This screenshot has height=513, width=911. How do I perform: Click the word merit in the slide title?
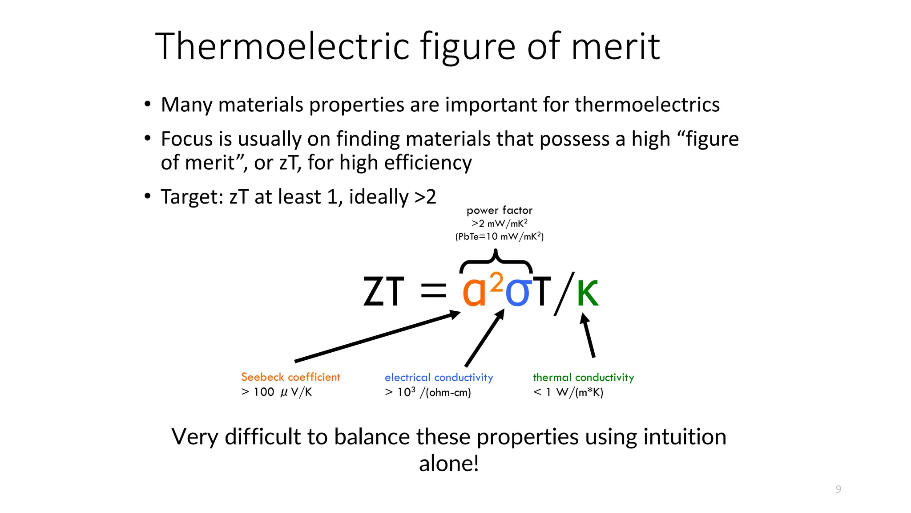(615, 47)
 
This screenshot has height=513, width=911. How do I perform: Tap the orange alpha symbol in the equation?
(474, 292)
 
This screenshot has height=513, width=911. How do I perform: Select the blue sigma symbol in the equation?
(518, 292)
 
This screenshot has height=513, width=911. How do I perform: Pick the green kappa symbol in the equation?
(588, 293)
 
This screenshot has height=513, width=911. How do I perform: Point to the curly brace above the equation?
(496, 263)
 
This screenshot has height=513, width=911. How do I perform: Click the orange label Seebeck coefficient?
(290, 377)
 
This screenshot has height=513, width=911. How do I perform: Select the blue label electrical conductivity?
(439, 378)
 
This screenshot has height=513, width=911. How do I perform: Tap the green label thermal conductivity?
(583, 378)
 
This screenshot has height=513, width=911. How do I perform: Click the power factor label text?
(499, 210)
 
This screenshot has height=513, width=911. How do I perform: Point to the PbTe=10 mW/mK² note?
(499, 236)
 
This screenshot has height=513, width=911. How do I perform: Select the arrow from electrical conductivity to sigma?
(484, 338)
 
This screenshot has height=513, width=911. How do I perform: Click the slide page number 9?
(838, 489)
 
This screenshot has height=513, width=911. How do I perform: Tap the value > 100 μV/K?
(276, 392)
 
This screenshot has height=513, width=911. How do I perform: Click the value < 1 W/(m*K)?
(568, 392)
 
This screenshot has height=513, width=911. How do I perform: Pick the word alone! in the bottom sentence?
(449, 464)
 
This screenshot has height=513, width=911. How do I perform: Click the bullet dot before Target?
(148, 196)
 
